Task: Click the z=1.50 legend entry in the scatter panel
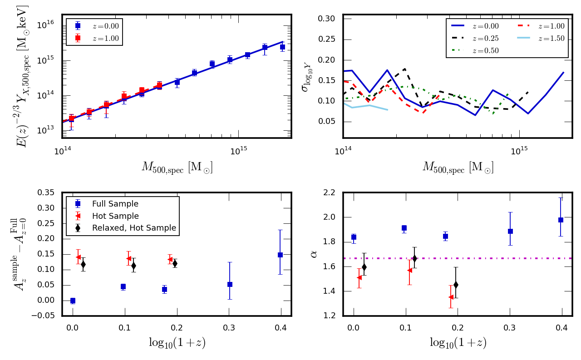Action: pos(552,39)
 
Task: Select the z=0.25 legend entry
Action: pos(486,39)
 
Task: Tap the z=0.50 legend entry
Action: pos(486,50)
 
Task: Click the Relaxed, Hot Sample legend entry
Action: pos(134,228)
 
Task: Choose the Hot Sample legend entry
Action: pos(115,216)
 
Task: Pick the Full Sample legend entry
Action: pos(115,204)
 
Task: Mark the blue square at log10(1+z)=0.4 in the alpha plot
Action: pos(561,220)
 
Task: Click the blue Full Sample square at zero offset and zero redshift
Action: pos(73,301)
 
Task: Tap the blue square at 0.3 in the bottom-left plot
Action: pos(230,284)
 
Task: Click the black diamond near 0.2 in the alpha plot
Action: pos(456,285)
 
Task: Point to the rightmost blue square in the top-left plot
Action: pos(282,47)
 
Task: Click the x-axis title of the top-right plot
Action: pos(458,167)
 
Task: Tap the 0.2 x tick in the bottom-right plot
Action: pos(458,328)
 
